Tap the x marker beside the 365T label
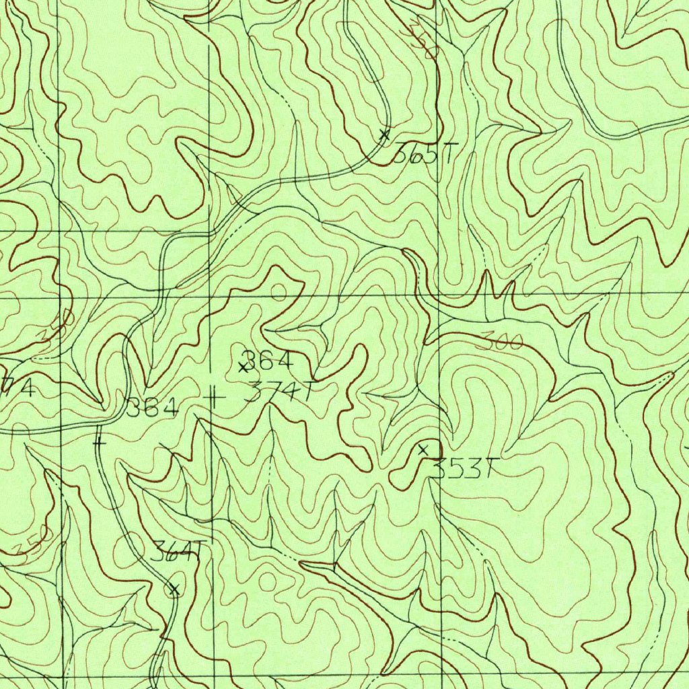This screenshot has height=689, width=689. (384, 135)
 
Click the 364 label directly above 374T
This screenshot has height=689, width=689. (268, 361)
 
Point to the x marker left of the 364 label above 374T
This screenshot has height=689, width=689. (243, 367)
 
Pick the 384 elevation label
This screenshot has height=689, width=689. (153, 407)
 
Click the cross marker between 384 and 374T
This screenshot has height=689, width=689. (214, 398)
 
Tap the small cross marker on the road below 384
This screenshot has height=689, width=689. (100, 444)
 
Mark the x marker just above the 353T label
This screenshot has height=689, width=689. (423, 449)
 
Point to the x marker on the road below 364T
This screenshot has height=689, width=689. (174, 590)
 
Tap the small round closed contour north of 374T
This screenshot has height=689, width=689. (279, 292)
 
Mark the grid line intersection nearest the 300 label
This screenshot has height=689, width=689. (439, 295)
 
